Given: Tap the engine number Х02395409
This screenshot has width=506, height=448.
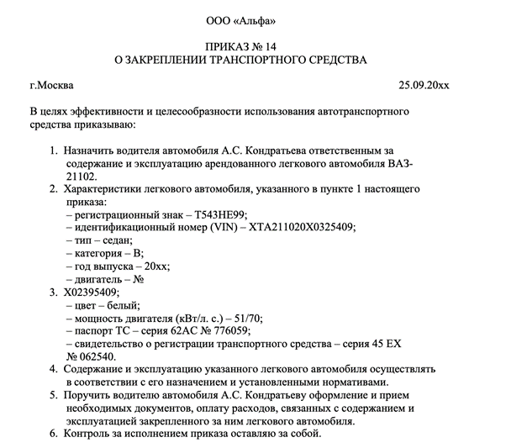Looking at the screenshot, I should tap(97, 292).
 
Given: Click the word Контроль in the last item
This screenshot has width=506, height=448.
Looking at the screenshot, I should tap(87, 435).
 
